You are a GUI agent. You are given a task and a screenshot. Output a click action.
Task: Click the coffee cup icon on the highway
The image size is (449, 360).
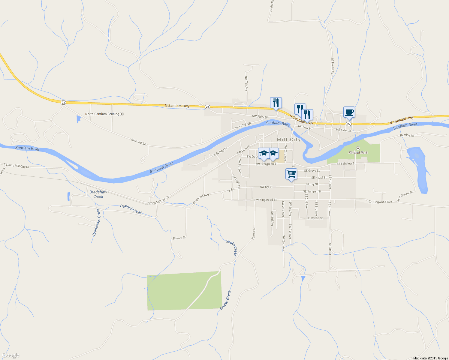(x=349, y=112)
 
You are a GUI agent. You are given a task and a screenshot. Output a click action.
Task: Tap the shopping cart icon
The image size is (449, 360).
(x=291, y=174)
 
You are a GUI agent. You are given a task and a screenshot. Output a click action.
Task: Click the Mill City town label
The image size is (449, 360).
(x=289, y=139)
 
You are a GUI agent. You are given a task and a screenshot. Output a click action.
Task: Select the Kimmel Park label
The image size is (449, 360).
(x=358, y=153)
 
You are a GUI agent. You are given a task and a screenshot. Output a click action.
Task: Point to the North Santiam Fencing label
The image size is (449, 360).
(x=102, y=114)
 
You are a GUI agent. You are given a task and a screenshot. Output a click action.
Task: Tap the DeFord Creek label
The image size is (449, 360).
(x=131, y=209)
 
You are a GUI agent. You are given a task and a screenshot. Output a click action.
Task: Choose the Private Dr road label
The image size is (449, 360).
(x=179, y=238)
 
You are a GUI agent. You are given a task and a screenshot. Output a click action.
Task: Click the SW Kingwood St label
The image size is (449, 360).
(x=265, y=200)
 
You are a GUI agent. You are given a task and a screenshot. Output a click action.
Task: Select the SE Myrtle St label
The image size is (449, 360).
(x=315, y=218)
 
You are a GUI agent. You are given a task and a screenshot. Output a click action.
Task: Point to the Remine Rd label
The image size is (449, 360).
(x=407, y=135)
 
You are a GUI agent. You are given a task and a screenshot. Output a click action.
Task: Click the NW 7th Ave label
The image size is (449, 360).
(x=246, y=83)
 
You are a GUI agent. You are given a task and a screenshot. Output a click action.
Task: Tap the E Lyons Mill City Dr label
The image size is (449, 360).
(x=17, y=166)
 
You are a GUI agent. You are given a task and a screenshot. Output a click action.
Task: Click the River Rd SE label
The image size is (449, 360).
(x=138, y=142)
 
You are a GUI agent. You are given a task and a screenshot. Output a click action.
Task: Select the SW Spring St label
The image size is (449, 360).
(x=219, y=152)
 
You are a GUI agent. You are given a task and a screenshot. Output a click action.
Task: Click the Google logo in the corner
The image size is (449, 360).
(x=11, y=355)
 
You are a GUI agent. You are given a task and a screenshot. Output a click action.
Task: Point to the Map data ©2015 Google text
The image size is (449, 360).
(x=430, y=358)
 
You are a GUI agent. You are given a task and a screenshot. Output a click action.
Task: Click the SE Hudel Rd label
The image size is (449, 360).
(x=332, y=66)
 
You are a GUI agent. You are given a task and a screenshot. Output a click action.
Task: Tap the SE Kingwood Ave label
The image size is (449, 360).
(x=380, y=202)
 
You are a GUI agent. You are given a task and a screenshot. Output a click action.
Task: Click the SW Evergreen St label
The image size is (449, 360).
(x=266, y=164)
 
